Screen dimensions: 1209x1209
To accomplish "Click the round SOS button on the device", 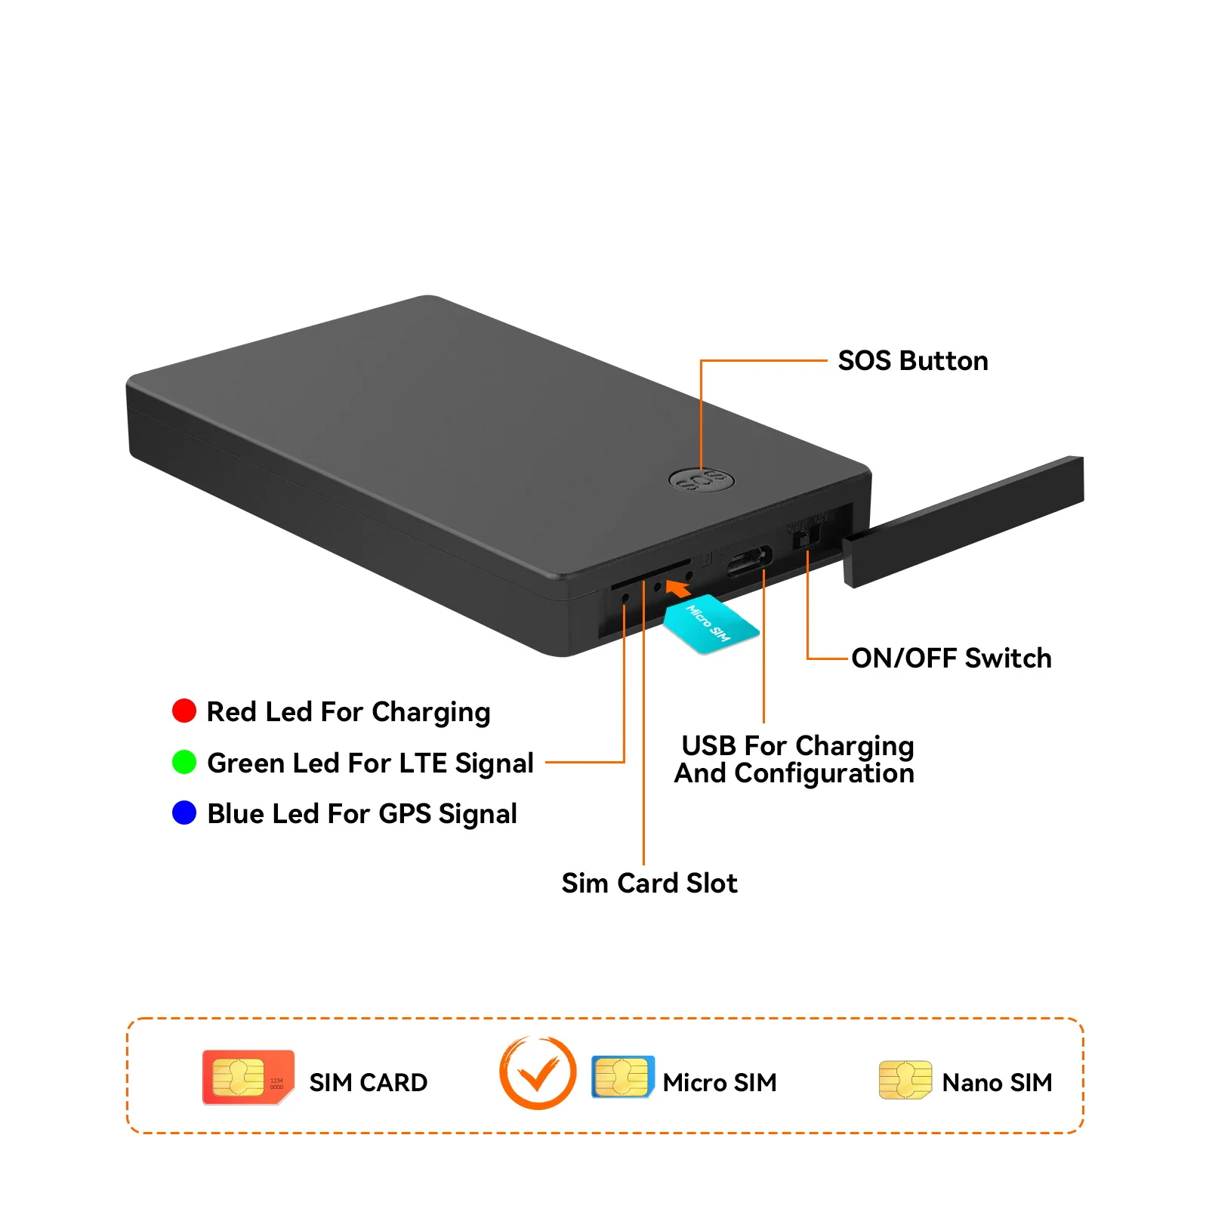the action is pyautogui.click(x=702, y=479).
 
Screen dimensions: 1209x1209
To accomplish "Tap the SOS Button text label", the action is pyautogui.click(x=912, y=361).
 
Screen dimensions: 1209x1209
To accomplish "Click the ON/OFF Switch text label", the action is pyautogui.click(x=951, y=658).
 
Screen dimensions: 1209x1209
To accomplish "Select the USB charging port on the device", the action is pyautogui.click(x=749, y=561).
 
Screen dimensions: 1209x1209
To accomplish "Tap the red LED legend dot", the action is pyautogui.click(x=184, y=711).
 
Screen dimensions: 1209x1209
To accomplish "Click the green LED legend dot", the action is pyautogui.click(x=184, y=762).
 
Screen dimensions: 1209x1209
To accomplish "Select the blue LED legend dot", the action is pyautogui.click(x=184, y=813).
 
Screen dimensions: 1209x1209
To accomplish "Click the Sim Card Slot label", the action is pyautogui.click(x=649, y=883).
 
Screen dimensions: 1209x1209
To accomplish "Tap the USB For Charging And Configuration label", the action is pyautogui.click(x=794, y=759).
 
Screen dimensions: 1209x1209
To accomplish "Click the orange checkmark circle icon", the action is pyautogui.click(x=538, y=1073).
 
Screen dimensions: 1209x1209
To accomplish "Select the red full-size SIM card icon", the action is pyautogui.click(x=248, y=1077).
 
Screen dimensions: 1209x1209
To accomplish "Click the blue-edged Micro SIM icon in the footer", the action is pyautogui.click(x=622, y=1077).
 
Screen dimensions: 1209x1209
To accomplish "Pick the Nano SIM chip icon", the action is pyautogui.click(x=905, y=1080).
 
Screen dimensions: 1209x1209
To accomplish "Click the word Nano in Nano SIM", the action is pyautogui.click(x=972, y=1083).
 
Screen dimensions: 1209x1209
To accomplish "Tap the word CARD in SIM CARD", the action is pyautogui.click(x=393, y=1083).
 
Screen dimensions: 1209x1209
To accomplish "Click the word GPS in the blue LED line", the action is pyautogui.click(x=405, y=813).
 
